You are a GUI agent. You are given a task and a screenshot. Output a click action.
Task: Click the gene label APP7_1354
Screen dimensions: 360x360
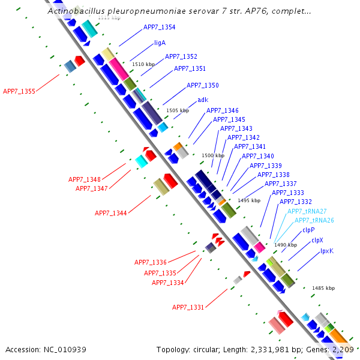(159, 28)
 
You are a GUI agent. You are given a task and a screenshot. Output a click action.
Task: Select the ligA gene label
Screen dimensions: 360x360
(160, 43)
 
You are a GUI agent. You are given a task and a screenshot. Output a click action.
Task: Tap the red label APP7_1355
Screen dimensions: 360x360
(19, 92)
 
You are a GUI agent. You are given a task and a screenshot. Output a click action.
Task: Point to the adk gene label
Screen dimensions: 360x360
(203, 100)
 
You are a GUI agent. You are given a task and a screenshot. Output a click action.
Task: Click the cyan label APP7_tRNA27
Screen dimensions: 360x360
(307, 211)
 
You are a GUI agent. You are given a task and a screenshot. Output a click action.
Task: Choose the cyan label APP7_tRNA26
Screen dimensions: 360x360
(314, 220)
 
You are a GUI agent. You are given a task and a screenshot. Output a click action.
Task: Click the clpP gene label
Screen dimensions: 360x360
(308, 230)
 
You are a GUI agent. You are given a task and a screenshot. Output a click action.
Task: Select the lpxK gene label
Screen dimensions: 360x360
(326, 251)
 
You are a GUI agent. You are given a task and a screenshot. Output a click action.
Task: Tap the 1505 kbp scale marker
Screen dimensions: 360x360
(177, 110)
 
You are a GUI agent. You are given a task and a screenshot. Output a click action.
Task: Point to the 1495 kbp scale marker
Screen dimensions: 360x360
(249, 200)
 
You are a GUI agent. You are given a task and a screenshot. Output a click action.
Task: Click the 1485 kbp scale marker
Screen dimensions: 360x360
(323, 289)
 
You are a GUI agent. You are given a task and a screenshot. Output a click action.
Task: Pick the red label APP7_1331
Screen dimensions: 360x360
(188, 307)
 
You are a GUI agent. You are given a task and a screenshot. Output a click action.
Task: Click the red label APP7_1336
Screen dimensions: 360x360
(151, 262)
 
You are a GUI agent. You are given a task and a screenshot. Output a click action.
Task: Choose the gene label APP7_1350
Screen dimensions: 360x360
(202, 86)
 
